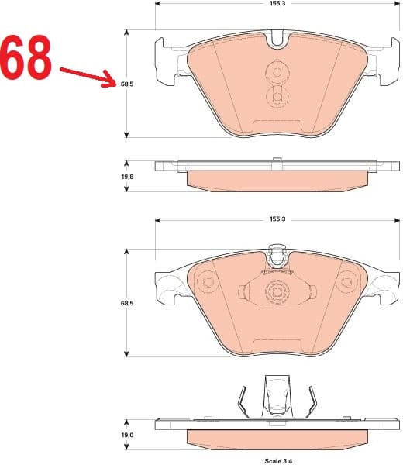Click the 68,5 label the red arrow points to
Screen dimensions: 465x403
point(127,84)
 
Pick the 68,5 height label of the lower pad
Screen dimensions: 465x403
point(127,304)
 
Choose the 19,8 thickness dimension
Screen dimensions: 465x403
point(127,177)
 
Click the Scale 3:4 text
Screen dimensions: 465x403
point(277,460)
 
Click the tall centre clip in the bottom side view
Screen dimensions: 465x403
point(277,395)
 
